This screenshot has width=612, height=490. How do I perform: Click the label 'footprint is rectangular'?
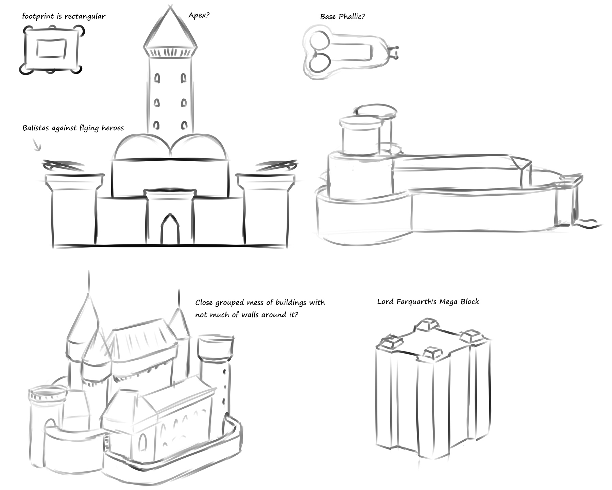click(x=64, y=16)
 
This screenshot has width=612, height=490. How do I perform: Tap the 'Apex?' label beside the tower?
click(x=199, y=16)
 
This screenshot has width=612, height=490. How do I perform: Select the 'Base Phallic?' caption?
click(x=342, y=17)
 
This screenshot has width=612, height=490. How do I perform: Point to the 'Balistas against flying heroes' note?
click(x=73, y=128)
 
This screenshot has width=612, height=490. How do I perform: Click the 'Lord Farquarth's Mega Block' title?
click(x=428, y=302)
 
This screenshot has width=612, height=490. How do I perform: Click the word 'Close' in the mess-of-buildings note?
click(x=205, y=303)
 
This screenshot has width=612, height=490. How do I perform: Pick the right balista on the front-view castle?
click(x=277, y=166)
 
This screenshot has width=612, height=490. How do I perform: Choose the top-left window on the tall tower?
click(x=157, y=79)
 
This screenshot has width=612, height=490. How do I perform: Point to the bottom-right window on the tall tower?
click(x=184, y=125)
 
